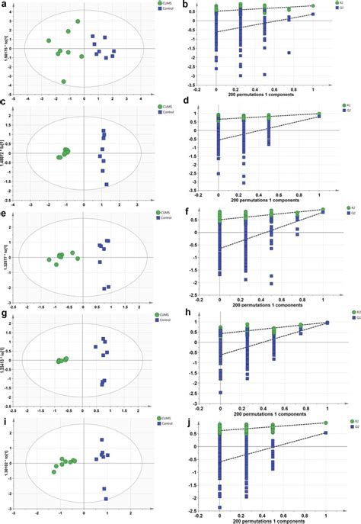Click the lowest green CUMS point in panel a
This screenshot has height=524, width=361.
tap(64, 81)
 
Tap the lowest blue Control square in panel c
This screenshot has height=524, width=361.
tap(106, 185)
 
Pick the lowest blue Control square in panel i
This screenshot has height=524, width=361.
tap(106, 499)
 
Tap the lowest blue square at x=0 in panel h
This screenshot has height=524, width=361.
tap(220, 392)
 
